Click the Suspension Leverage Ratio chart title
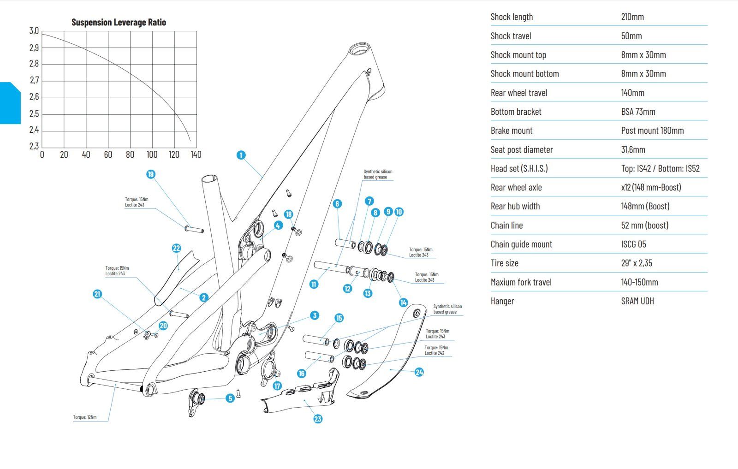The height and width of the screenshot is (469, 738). pos(119,22)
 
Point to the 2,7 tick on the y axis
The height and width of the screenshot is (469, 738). pos(35,81)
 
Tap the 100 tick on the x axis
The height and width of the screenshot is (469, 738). pos(152,154)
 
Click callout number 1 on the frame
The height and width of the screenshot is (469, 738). pos(241,155)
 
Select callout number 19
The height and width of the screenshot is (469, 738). pos(151,174)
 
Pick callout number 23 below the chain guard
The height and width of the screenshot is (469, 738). pos(318,419)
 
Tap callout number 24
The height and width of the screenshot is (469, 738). pos(419,372)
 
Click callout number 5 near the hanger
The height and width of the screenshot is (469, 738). pos(230,398)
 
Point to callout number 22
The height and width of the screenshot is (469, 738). pos(176,249)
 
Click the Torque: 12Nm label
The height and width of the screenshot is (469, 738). pos(85,417)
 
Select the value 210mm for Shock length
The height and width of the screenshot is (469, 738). pos(632,17)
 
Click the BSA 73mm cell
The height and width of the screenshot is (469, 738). pos(638,112)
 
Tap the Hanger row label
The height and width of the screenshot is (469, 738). pos(502,301)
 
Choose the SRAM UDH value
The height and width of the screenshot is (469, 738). pos(637,301)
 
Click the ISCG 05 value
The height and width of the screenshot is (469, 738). pos(633,244)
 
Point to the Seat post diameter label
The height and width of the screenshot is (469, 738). pos(521,149)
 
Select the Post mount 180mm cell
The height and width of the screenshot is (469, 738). pos(652,131)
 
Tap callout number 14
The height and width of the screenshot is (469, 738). pos(403,303)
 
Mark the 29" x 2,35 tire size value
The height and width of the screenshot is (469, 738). pos(637,263)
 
